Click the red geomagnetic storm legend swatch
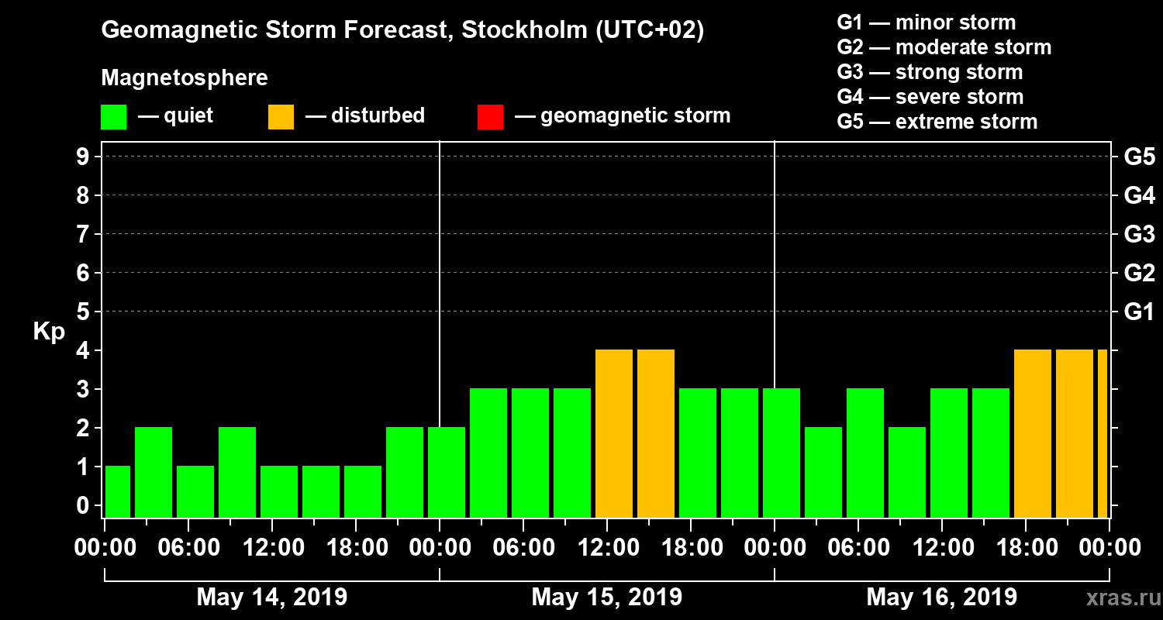pos(490,116)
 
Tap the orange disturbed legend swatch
pos(281,116)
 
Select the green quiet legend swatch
pos(113,116)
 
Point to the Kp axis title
pos(49,331)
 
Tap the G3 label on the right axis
pos(1139,235)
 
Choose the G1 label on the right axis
pos(1139,312)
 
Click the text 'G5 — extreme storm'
pos(937,122)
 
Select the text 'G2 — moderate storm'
pos(944,47)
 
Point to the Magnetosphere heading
pos(185,78)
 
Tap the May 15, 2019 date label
pos(607,597)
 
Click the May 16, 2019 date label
pos(941,597)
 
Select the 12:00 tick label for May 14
pos(272,548)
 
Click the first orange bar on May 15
pos(614,434)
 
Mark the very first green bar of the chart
pos(118,492)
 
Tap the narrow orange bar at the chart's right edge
pos(1103,434)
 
